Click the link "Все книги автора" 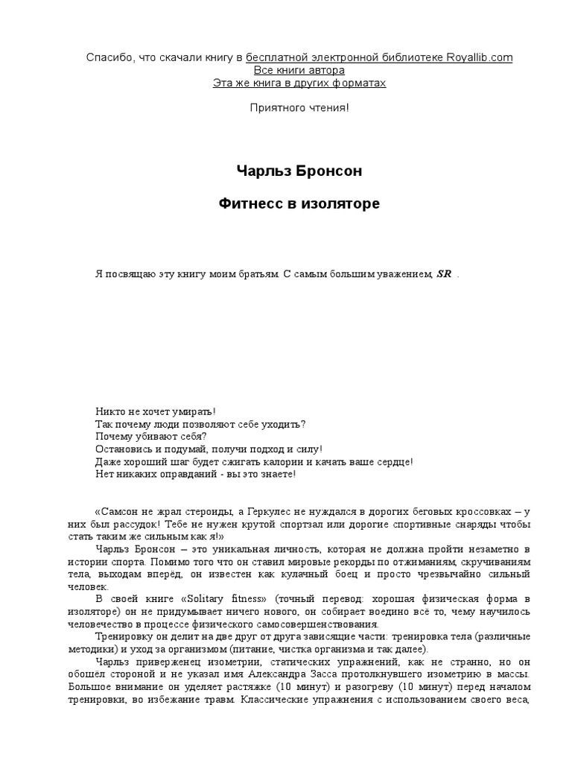(x=299, y=70)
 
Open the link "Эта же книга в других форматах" (x=299, y=83)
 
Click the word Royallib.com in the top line (x=480, y=57)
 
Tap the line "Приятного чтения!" (x=299, y=108)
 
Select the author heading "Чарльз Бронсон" (x=299, y=171)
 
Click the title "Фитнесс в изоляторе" (x=299, y=203)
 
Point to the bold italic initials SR (x=444, y=273)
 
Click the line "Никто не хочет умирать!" (x=156, y=411)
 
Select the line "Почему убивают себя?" (x=151, y=436)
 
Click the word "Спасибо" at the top (x=108, y=57)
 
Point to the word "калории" (x=272, y=461)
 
